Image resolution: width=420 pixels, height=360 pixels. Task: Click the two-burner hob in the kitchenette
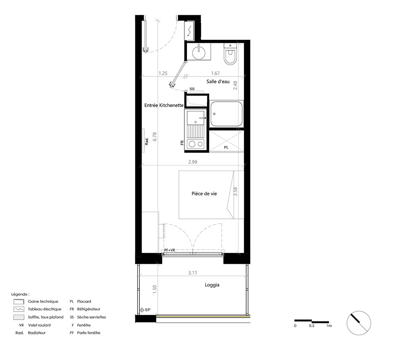(196, 144)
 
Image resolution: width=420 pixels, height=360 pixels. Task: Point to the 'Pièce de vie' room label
(204, 194)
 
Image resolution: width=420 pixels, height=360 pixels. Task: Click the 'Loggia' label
(212, 285)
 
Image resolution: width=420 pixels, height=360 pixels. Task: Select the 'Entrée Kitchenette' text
(164, 105)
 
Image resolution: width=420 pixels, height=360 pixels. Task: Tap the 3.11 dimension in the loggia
(192, 273)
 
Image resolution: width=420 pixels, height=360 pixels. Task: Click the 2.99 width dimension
(193, 162)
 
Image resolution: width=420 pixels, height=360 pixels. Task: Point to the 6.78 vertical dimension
(155, 137)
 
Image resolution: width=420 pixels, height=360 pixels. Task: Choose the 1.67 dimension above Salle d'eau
(215, 73)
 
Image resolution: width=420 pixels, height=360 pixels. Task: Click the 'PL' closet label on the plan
(226, 147)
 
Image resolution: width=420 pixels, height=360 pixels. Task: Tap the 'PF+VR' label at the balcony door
(170, 250)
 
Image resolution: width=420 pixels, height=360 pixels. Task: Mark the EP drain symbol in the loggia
(142, 310)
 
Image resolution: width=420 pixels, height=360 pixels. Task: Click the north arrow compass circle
(359, 323)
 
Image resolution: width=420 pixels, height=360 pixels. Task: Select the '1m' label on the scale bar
(329, 326)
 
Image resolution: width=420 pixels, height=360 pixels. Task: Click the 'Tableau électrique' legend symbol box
(19, 309)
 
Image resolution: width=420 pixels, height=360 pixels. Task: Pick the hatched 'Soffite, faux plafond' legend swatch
(19, 318)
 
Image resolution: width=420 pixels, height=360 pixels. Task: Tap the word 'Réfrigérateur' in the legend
(89, 309)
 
